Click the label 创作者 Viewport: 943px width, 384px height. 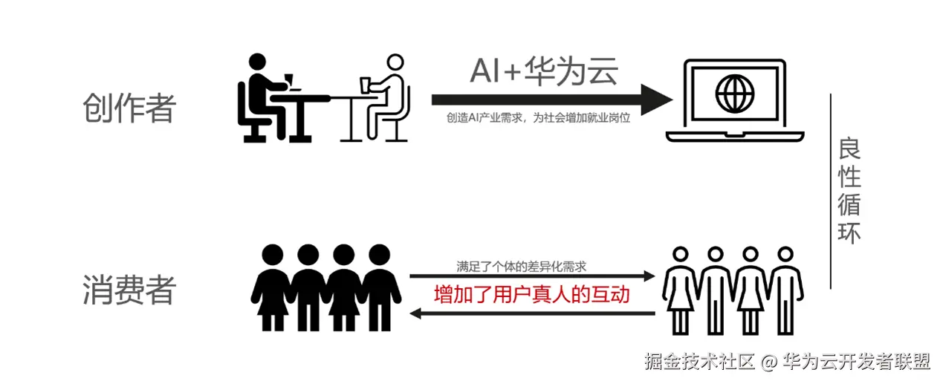coord(129,108)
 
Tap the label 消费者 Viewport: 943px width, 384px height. coord(129,290)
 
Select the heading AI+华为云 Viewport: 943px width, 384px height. coord(544,71)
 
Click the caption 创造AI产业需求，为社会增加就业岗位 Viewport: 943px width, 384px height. coord(538,117)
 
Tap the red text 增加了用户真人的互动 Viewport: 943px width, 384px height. coord(532,295)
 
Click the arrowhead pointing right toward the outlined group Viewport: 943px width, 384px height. coord(648,276)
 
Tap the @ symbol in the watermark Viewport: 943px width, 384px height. coord(769,362)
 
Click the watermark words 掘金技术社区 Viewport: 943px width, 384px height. coord(699,362)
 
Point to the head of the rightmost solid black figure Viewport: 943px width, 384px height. coord(379,255)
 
